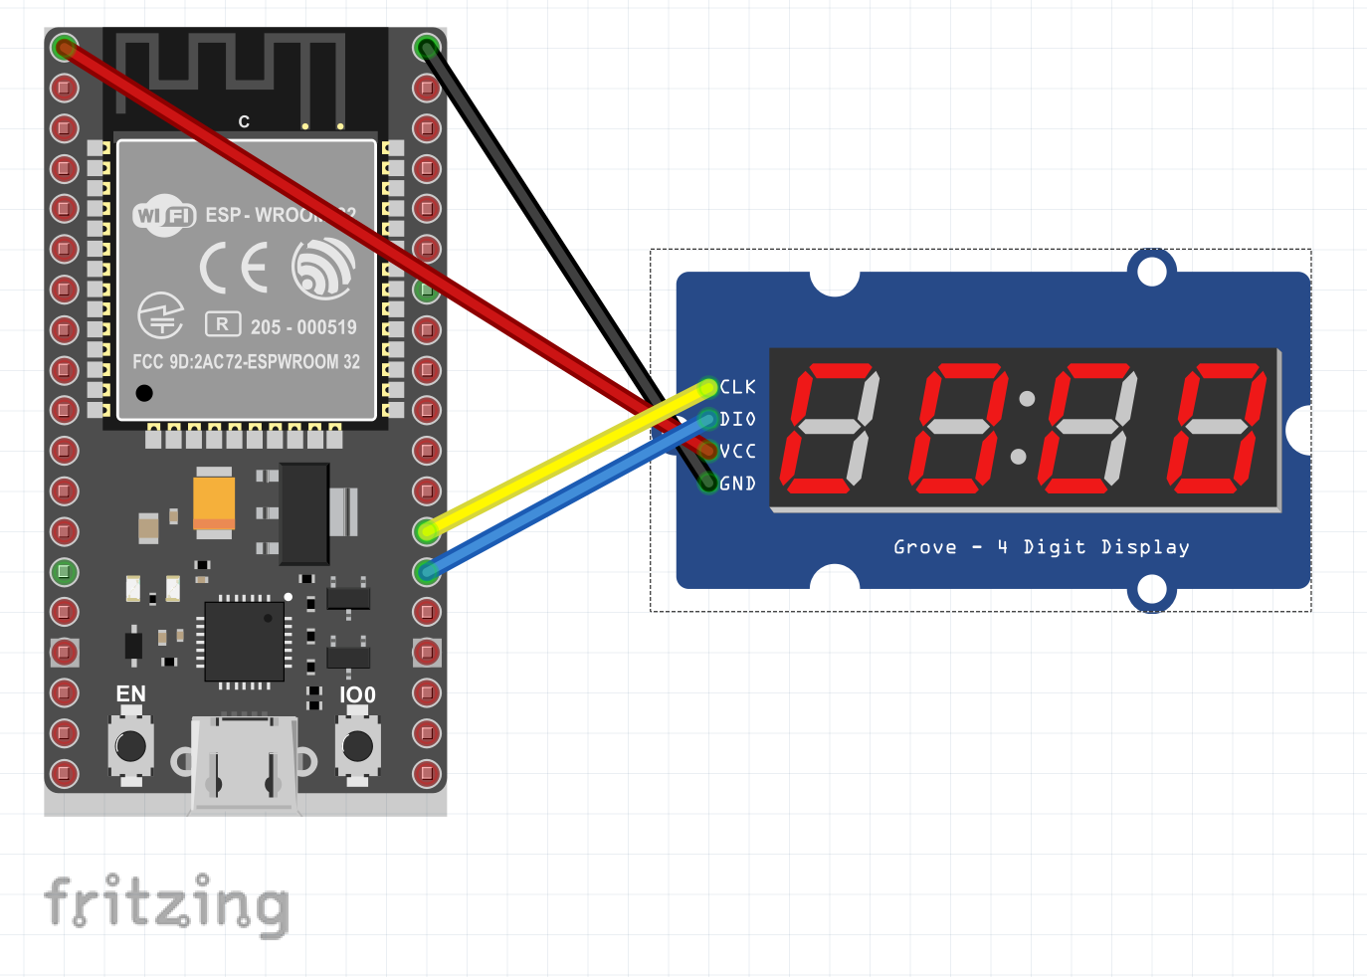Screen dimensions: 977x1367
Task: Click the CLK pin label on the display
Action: pos(738,387)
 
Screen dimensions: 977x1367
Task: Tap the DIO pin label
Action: pos(738,419)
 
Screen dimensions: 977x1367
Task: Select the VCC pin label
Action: pos(738,451)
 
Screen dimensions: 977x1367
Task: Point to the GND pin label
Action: pos(738,484)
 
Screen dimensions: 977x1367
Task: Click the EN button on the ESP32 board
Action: pos(130,746)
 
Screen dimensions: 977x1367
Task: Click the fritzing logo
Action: pos(166,903)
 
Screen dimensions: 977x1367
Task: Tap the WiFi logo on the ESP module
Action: pos(164,216)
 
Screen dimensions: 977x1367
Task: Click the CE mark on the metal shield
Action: pos(234,268)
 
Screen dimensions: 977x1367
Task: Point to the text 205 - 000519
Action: pos(303,327)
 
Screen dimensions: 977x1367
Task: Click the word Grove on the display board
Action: pos(924,547)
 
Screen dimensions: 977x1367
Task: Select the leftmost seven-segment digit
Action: pos(830,428)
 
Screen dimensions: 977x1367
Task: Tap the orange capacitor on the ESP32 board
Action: pos(214,502)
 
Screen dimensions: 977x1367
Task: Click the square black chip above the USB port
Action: pos(244,642)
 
